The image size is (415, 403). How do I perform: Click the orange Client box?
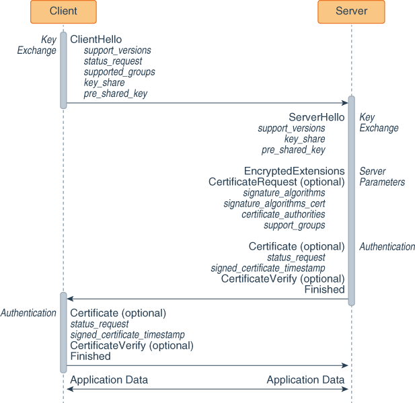(x=63, y=11)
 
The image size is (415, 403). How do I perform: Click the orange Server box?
(x=351, y=11)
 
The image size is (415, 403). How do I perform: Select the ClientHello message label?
(x=96, y=40)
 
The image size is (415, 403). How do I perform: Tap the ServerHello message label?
(x=316, y=117)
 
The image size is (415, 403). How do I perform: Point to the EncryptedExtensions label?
(x=294, y=172)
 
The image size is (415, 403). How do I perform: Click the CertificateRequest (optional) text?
(x=276, y=182)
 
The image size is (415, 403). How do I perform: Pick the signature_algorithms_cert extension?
(x=274, y=204)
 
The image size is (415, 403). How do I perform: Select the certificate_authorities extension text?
(x=283, y=215)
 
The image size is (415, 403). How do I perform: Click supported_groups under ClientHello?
(x=119, y=72)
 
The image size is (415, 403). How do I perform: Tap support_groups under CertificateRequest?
(x=294, y=225)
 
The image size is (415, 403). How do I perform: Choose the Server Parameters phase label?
(x=381, y=177)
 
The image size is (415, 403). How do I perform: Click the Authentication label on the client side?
(x=28, y=313)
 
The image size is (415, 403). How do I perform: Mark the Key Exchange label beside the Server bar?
(x=378, y=122)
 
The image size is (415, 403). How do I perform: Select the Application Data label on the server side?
(x=305, y=380)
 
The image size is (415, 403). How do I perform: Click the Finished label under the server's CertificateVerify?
(x=324, y=290)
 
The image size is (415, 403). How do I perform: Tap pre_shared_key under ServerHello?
(x=293, y=150)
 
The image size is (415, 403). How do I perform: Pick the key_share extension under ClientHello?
(x=104, y=83)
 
